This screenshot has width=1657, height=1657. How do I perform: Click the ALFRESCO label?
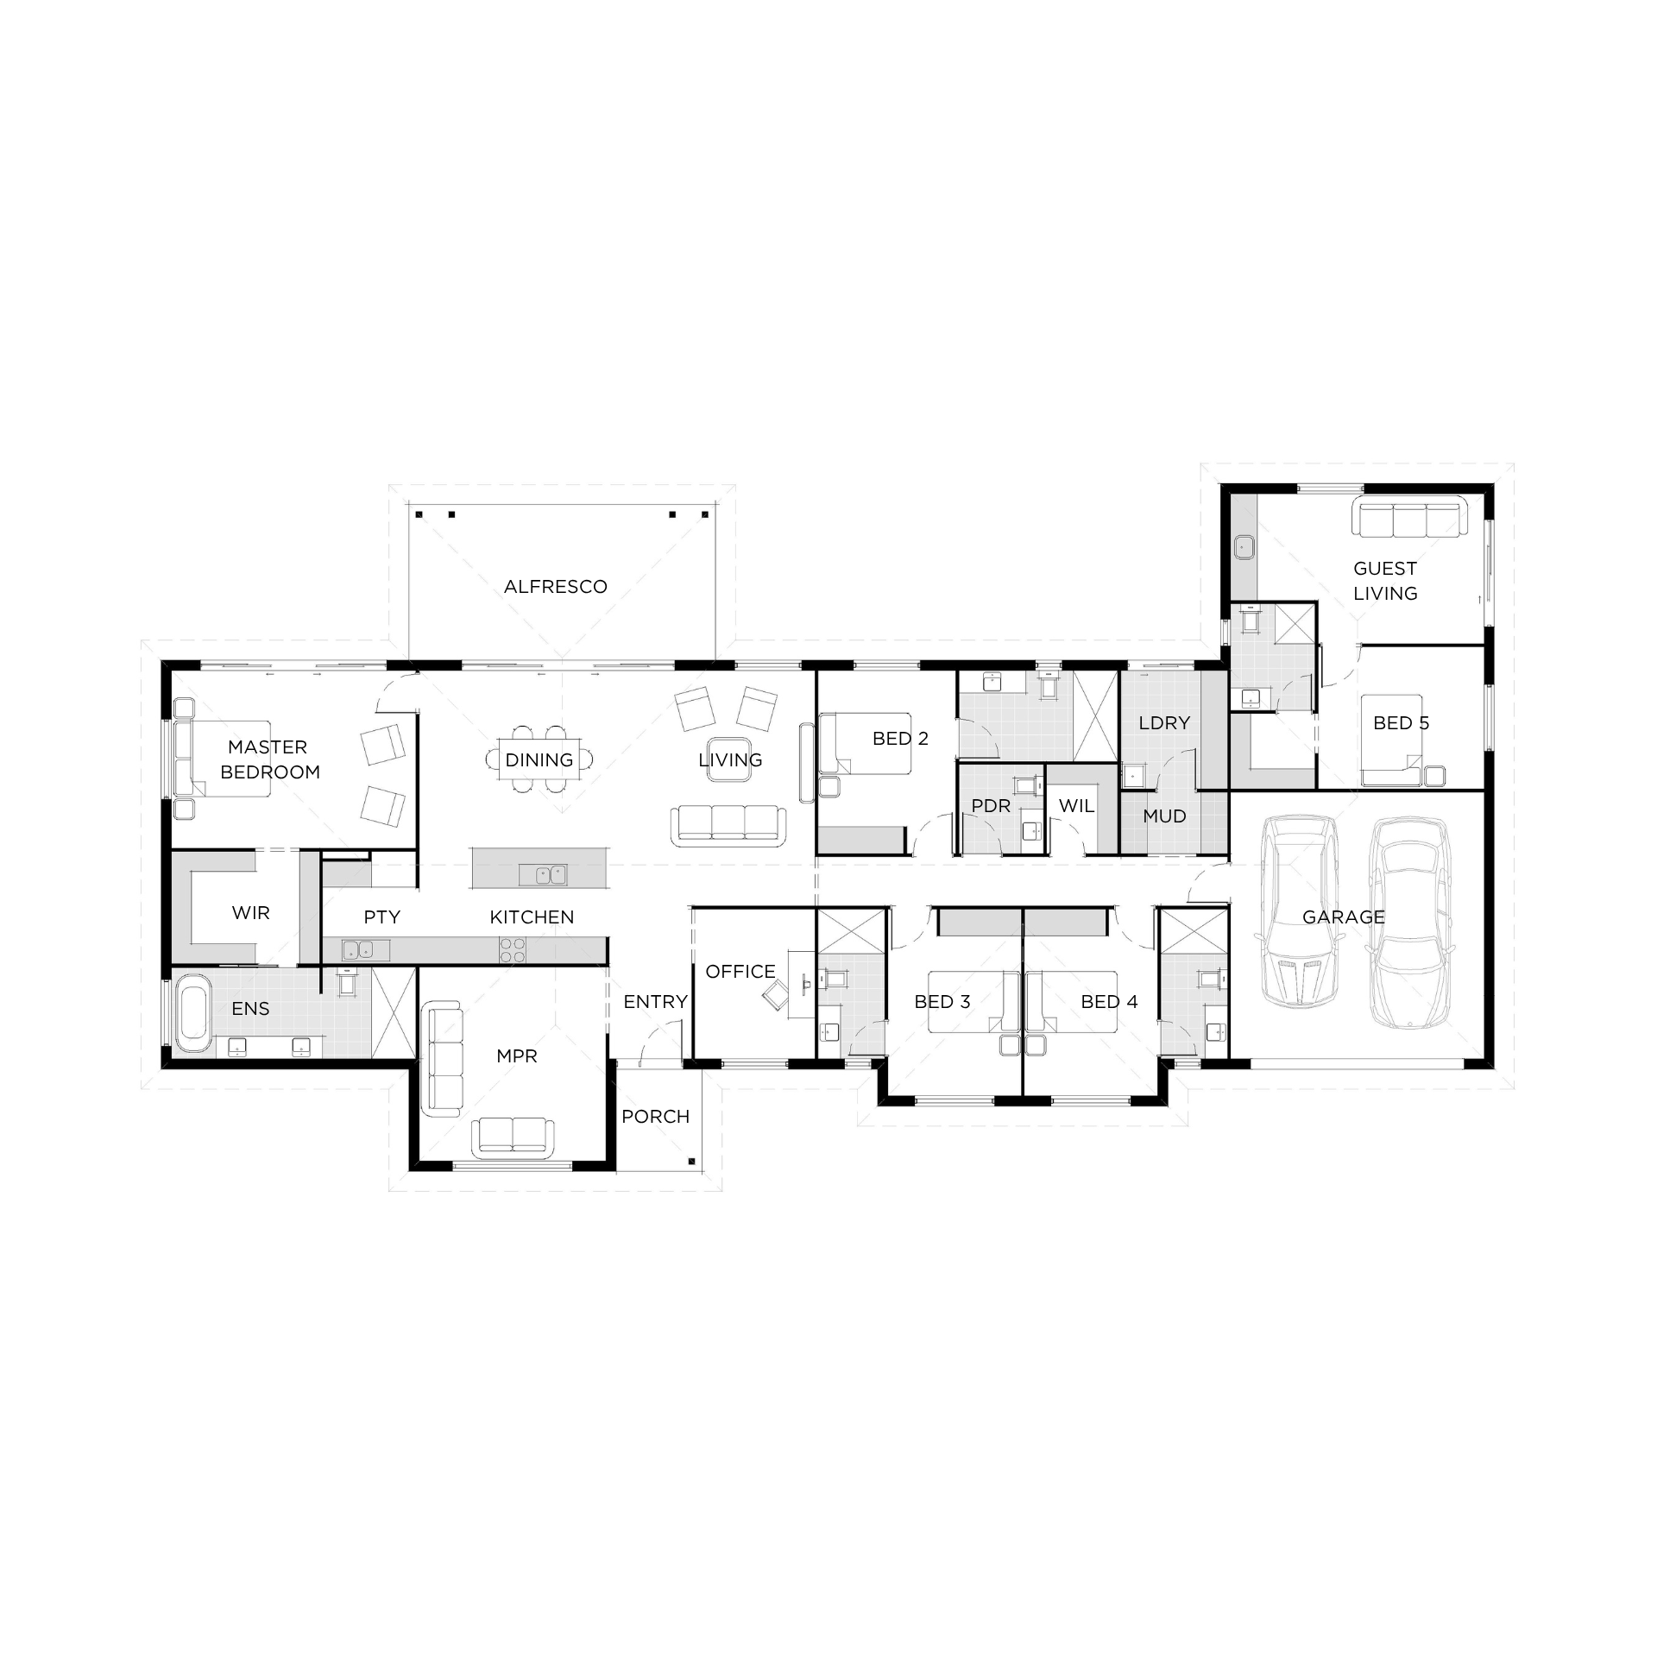(x=555, y=587)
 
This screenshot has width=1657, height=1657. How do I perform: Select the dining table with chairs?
(x=539, y=759)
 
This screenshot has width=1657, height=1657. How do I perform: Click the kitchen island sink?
(x=543, y=874)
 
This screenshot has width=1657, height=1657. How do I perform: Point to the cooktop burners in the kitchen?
(x=513, y=950)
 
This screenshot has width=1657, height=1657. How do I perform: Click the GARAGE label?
(x=1344, y=917)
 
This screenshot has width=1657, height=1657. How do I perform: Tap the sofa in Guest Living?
(x=1409, y=519)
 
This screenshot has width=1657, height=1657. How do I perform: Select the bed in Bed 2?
(x=865, y=743)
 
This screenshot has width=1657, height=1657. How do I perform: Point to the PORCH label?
(x=656, y=1117)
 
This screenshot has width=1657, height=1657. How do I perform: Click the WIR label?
(x=251, y=913)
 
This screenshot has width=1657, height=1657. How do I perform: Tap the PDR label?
(x=991, y=806)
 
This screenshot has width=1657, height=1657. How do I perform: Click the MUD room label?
(x=1164, y=816)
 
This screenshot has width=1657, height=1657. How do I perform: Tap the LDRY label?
(x=1164, y=723)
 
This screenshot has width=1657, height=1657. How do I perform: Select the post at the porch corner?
(x=691, y=1162)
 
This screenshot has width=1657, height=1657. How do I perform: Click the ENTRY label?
(x=656, y=1002)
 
